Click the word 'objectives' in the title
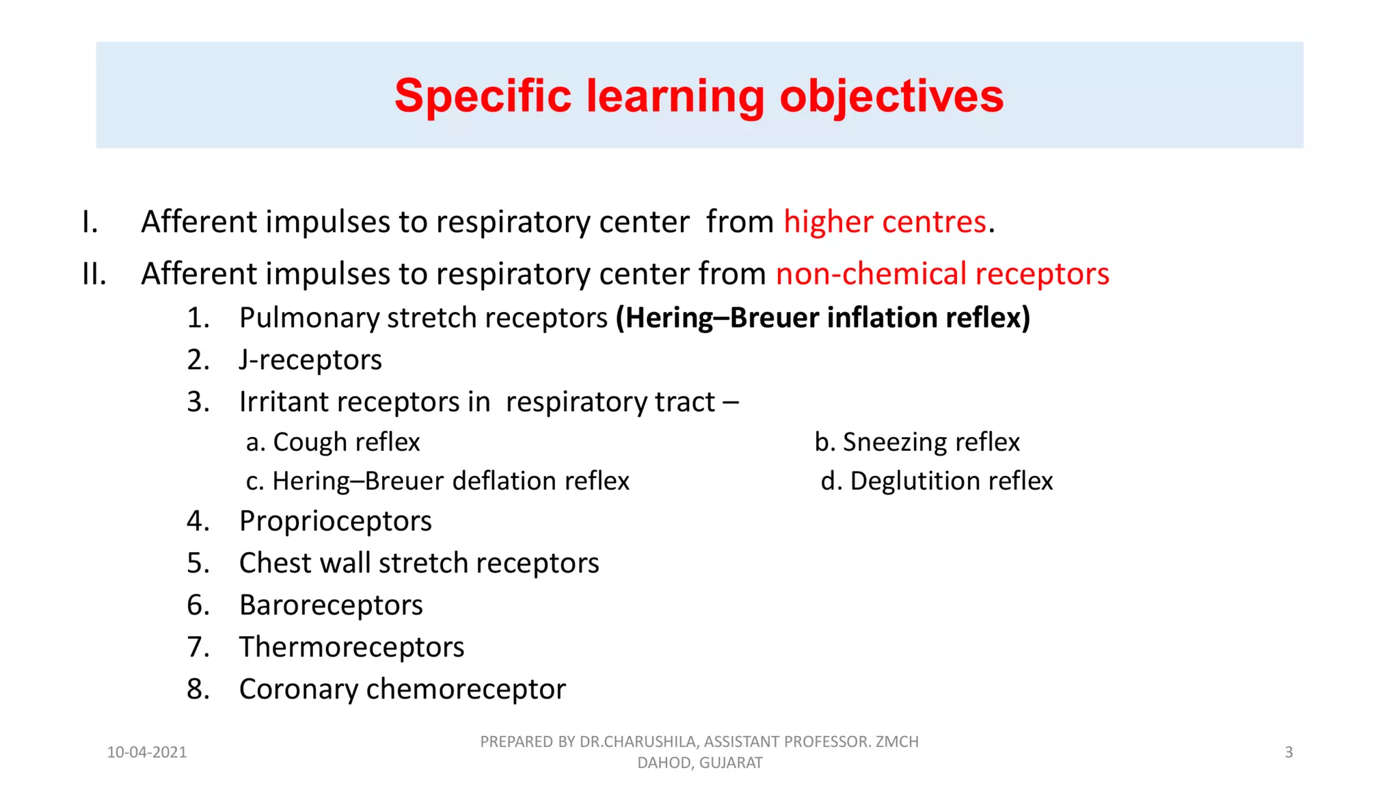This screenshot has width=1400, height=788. (x=891, y=96)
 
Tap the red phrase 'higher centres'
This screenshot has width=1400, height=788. (x=885, y=222)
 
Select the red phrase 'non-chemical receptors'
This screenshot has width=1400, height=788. (x=942, y=274)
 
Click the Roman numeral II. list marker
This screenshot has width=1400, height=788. (x=94, y=274)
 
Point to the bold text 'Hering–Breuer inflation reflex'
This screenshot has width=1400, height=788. (x=823, y=318)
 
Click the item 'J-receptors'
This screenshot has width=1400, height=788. (x=310, y=360)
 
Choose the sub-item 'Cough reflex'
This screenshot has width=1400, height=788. (x=346, y=443)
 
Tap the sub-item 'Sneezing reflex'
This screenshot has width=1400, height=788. (x=930, y=443)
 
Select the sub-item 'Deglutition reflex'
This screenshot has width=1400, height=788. (x=950, y=482)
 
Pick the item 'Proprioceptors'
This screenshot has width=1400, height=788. (x=335, y=521)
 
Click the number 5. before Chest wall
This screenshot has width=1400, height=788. (x=198, y=563)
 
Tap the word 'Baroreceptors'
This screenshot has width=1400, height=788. (x=331, y=605)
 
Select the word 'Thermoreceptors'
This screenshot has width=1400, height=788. (x=351, y=647)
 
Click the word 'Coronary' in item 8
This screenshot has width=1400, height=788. (x=298, y=689)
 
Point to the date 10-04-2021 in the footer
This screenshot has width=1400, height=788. (x=147, y=752)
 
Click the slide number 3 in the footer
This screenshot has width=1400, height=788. (x=1289, y=752)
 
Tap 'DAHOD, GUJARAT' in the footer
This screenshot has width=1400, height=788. (x=699, y=763)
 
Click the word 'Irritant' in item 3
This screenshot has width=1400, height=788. (x=281, y=402)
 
